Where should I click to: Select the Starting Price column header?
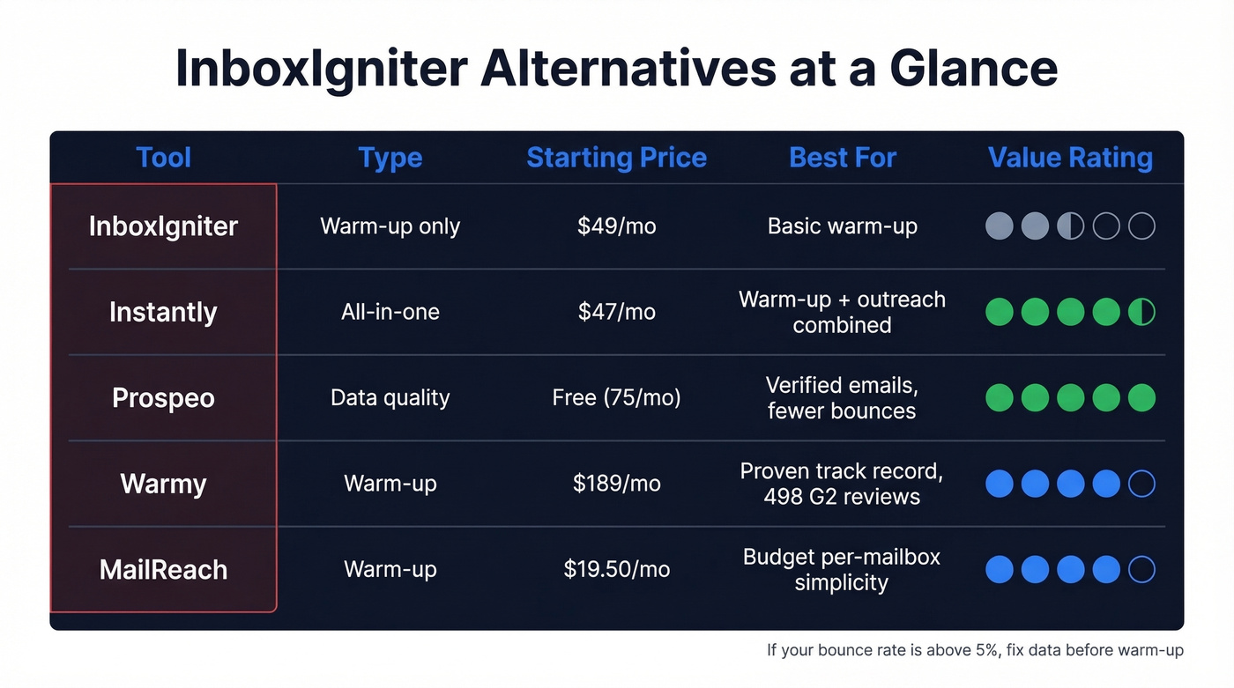(x=616, y=158)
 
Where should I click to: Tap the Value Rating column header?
(x=1070, y=158)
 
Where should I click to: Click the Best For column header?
(x=843, y=158)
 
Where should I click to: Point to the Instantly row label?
(x=163, y=312)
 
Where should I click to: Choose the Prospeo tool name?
(x=163, y=397)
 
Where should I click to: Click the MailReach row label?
(x=163, y=569)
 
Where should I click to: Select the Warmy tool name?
(x=163, y=484)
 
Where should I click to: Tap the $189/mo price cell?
(x=616, y=484)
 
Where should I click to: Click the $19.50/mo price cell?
(x=616, y=569)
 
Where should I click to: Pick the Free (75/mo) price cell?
(x=616, y=397)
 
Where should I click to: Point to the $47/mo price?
(x=616, y=312)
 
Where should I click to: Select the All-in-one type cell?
(x=390, y=312)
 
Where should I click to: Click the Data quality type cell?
(x=390, y=397)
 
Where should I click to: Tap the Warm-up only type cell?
(x=390, y=226)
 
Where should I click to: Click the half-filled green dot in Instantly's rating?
(x=1141, y=312)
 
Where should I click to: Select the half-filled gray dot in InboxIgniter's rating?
(x=1070, y=226)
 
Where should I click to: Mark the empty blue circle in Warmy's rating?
(x=1141, y=484)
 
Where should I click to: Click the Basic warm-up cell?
(x=842, y=226)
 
